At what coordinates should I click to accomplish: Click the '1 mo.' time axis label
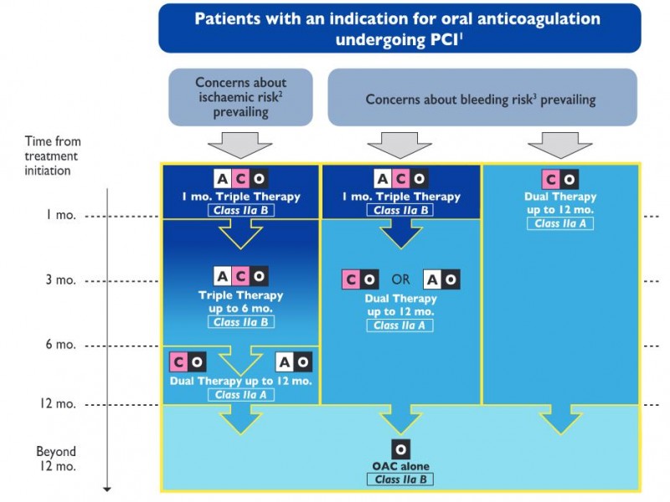pos(61,215)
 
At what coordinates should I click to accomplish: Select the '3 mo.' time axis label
pos(60,279)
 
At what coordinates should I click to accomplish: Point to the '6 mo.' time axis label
pos(60,344)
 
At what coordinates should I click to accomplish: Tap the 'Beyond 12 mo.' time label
pos(56,458)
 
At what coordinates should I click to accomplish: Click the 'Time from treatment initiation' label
pos(52,156)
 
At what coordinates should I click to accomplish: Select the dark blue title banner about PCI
pos(399,28)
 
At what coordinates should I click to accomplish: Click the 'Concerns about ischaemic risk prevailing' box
pos(240,97)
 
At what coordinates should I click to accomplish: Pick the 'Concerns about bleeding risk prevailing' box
pos(482,97)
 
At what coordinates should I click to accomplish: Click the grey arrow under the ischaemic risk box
pos(240,145)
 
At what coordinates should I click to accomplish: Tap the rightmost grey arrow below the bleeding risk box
pos(559,145)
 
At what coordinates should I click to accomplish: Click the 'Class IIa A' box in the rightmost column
pos(560,223)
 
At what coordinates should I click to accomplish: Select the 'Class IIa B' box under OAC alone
pos(400,479)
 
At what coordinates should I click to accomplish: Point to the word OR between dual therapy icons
pos(400,279)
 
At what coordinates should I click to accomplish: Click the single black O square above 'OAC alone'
pos(401,449)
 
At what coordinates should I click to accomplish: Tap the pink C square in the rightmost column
pos(551,179)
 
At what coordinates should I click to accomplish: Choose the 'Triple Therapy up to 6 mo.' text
pos(240,302)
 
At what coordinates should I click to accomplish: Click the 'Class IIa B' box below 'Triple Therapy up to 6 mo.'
pos(241,322)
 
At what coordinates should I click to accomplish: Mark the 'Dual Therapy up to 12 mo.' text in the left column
pos(240,381)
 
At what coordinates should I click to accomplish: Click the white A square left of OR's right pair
pos(432,279)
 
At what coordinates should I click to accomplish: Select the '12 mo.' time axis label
pos(58,403)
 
